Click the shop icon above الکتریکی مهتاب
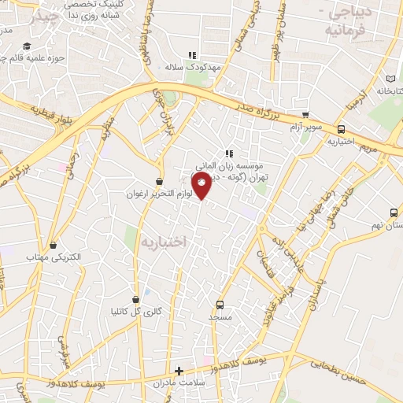[53, 246]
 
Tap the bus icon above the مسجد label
[220, 305]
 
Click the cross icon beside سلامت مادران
[179, 371]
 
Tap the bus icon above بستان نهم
[394, 213]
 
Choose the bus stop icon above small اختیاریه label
[341, 130]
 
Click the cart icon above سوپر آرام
[305, 115]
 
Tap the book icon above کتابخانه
[393, 79]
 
